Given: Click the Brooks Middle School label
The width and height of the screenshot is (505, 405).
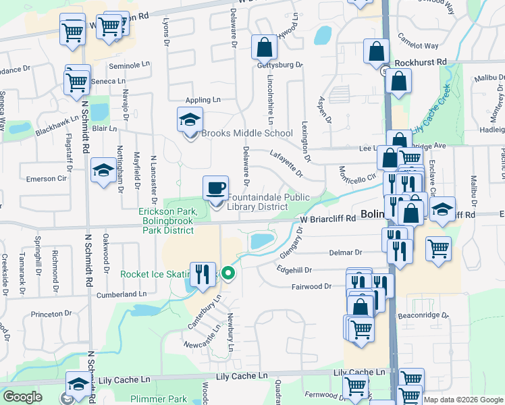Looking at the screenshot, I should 247,133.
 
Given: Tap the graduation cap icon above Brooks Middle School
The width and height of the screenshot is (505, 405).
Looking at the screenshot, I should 190,120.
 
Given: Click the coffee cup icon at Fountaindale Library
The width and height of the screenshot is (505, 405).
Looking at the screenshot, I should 215,188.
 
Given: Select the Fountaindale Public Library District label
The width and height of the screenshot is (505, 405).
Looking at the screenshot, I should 258,202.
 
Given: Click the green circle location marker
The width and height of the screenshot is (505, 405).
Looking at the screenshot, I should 228,274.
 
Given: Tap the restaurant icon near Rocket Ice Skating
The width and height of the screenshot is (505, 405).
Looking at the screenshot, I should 202,275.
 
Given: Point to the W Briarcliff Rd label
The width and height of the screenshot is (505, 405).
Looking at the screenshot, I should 327,219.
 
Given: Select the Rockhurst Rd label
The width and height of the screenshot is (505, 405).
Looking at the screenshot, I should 421,61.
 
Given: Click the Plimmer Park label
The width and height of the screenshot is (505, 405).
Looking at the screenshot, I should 159,399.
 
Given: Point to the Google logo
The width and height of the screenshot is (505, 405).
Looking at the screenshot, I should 23,397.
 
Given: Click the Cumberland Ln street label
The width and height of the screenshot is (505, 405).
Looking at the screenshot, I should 122,294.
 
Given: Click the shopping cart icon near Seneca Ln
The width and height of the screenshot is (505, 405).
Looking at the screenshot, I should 78,82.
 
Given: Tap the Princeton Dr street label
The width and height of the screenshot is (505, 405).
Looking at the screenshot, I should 51,313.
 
